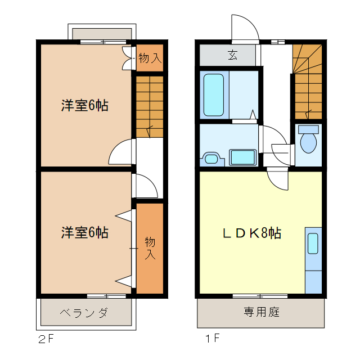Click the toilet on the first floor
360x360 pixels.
(308, 139)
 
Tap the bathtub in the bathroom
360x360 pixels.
(214, 94)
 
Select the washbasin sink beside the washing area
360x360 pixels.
(211, 159)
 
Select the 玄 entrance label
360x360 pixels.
(232, 55)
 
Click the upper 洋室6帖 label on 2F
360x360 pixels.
(84, 105)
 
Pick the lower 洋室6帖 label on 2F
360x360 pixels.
(84, 232)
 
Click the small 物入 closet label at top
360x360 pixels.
(150, 58)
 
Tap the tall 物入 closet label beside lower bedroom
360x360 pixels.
(150, 248)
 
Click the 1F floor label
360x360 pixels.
(211, 339)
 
